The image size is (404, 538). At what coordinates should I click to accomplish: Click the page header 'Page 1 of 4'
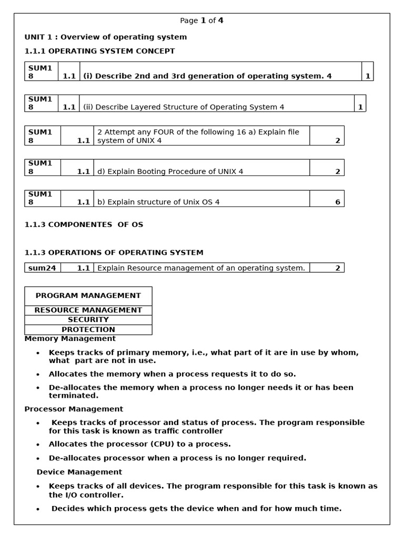click(201, 20)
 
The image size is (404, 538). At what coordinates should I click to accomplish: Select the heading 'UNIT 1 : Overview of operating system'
click(106, 37)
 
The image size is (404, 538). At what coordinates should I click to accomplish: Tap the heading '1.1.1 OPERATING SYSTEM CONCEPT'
click(100, 51)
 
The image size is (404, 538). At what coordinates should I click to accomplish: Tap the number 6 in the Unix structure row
click(337, 202)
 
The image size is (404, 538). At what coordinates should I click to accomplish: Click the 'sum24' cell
click(43, 268)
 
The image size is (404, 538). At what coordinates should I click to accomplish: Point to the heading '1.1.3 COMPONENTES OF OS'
click(84, 224)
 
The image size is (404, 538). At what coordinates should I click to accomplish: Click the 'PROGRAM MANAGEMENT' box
click(88, 296)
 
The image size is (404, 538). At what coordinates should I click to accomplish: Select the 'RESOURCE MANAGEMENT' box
click(88, 310)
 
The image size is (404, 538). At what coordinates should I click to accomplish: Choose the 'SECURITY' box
click(88, 319)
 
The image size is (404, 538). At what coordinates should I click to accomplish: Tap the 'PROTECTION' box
click(88, 329)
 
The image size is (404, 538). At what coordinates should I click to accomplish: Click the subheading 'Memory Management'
click(70, 339)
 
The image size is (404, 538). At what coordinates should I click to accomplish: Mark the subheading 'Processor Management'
click(74, 409)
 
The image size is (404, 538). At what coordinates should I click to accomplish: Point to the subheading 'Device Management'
click(79, 472)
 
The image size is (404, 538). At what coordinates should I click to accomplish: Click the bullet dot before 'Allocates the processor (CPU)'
click(38, 444)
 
